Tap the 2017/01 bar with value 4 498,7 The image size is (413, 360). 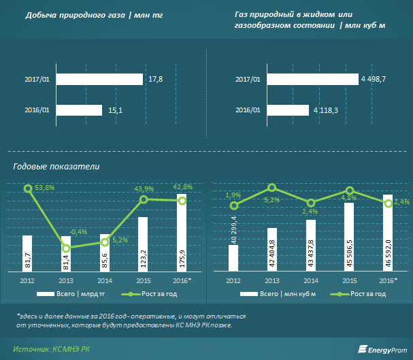[310, 79]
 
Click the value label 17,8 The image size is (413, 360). [155, 80]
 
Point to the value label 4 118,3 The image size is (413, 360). [326, 110]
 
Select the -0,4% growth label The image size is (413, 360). [78, 232]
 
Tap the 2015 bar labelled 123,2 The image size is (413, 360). [143, 244]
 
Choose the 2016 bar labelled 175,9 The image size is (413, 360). [182, 233]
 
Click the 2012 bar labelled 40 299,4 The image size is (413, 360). [233, 258]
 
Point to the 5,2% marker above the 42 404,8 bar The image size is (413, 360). [272, 187]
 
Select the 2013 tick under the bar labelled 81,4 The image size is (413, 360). [66, 280]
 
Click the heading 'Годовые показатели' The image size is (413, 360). [56, 166]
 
